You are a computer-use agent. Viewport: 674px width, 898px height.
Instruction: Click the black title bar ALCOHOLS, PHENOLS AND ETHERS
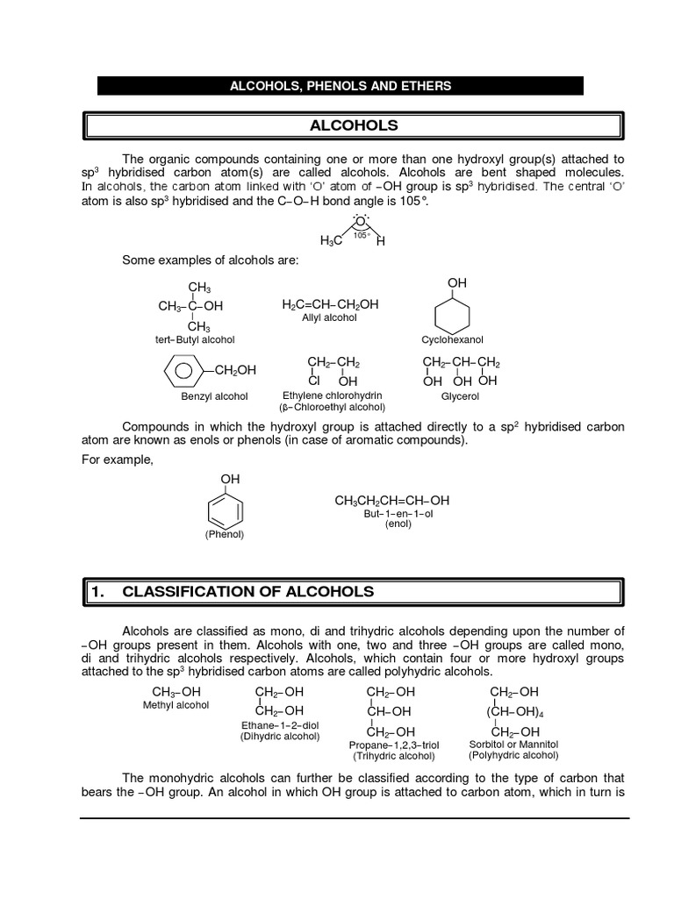pyautogui.click(x=341, y=86)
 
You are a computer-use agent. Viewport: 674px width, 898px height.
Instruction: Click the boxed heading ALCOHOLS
pyautogui.click(x=354, y=125)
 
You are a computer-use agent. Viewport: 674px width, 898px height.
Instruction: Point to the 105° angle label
pyautogui.click(x=360, y=235)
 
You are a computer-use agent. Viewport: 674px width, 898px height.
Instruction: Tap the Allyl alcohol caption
pyautogui.click(x=329, y=317)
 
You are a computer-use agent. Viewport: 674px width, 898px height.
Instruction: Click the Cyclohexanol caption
pyautogui.click(x=456, y=339)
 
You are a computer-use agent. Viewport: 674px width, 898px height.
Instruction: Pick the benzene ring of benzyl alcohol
pyautogui.click(x=183, y=370)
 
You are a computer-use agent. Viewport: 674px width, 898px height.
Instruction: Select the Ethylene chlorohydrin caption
pyautogui.click(x=332, y=396)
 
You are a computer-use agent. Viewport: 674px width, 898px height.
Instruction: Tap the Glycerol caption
pyautogui.click(x=460, y=396)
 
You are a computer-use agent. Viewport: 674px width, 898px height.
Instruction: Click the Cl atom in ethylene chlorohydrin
pyautogui.click(x=313, y=381)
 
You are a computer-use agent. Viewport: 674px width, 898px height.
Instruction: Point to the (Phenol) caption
pyautogui.click(x=225, y=534)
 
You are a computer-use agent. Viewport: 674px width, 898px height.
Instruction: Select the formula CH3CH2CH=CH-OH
pyautogui.click(x=391, y=501)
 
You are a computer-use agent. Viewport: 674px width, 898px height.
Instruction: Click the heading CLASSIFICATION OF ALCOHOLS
pyautogui.click(x=247, y=592)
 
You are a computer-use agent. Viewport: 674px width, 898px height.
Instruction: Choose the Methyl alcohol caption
pyautogui.click(x=176, y=706)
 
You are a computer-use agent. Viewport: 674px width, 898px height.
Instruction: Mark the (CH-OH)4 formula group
pyautogui.click(x=515, y=711)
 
